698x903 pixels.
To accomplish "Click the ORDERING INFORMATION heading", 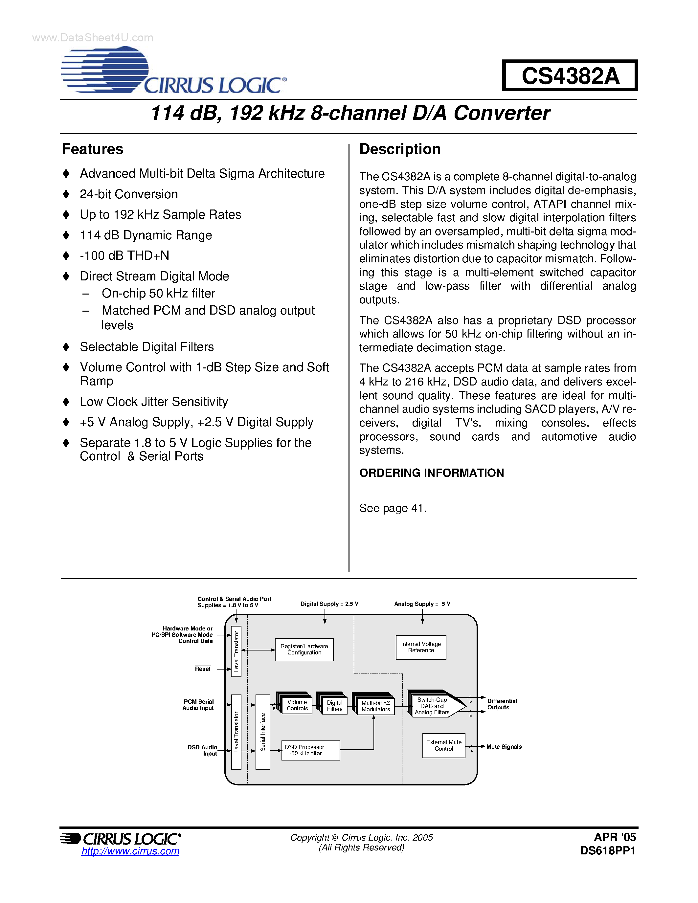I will coord(431,473).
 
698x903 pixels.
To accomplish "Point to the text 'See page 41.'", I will coord(393,508).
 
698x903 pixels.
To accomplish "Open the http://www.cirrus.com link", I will coord(130,851).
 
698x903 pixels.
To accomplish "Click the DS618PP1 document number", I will coord(607,850).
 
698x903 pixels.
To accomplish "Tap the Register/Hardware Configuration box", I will coord(304,650).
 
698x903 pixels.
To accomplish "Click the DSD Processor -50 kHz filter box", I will coord(310,750).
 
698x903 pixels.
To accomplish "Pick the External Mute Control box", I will coord(444,745).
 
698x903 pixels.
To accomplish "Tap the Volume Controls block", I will coord(297,705).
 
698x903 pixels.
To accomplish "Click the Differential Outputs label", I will coord(502,704).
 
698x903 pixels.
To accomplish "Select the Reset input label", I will coord(203,669).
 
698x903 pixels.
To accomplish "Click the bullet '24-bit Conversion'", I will coord(129,194).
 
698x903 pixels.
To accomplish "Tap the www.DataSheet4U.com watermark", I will coord(93,38).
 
